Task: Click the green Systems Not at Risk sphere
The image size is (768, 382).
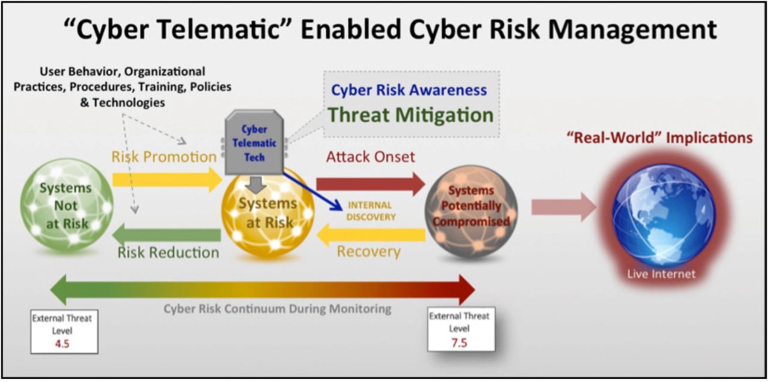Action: pyautogui.click(x=67, y=204)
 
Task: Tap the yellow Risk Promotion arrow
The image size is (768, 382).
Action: pyautogui.click(x=167, y=179)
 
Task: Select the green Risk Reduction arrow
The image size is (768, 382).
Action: pyautogui.click(x=167, y=235)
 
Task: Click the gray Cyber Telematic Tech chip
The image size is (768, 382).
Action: pyautogui.click(x=254, y=142)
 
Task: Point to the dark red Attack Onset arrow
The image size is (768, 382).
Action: pyautogui.click(x=371, y=184)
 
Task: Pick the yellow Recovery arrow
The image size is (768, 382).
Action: pyautogui.click(x=371, y=234)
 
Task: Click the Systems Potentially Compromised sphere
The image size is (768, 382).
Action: pyautogui.click(x=471, y=212)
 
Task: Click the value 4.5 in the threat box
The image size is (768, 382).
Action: pyautogui.click(x=62, y=343)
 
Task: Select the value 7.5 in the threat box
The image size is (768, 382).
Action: pyautogui.click(x=459, y=342)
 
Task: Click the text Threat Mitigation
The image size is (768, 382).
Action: pyautogui.click(x=410, y=115)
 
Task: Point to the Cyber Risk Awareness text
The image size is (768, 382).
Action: pyautogui.click(x=409, y=90)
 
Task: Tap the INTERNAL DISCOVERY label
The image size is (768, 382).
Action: pyautogui.click(x=371, y=211)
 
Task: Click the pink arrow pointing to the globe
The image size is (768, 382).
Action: pyautogui.click(x=564, y=207)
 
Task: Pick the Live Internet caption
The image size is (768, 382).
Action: pyautogui.click(x=661, y=273)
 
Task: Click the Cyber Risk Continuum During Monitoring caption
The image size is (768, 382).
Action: pyautogui.click(x=277, y=309)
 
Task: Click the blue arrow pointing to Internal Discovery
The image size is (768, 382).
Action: pyautogui.click(x=313, y=191)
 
